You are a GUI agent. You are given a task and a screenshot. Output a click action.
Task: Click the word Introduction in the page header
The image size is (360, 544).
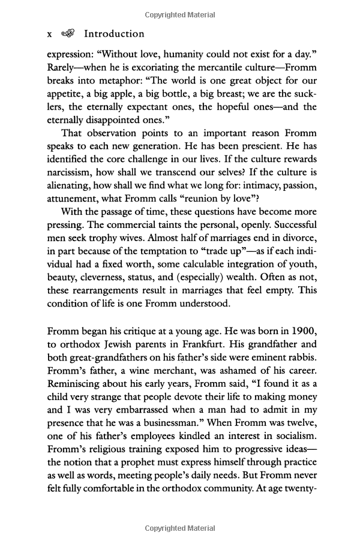115,34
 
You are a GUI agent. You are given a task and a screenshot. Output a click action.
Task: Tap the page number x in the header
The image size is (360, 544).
50,35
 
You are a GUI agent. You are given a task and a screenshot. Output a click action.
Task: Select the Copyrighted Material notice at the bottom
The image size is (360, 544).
180,528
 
